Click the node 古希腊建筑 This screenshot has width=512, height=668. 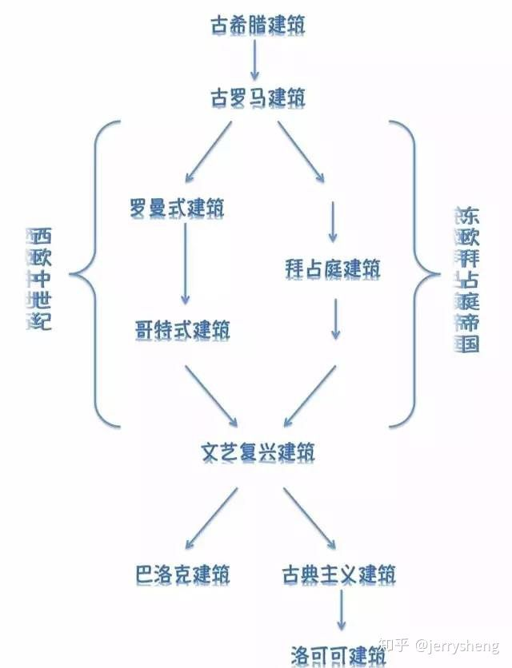click(x=257, y=24)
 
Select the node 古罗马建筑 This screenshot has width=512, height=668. click(x=257, y=98)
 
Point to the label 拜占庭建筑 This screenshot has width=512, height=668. click(x=333, y=268)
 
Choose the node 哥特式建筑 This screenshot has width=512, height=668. click(x=182, y=329)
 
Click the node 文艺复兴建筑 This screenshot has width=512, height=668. click(x=258, y=452)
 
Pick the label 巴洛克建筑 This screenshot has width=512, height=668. click(x=183, y=574)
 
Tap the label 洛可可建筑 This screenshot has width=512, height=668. click(x=339, y=654)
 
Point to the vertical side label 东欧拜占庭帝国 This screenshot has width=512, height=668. click(x=466, y=280)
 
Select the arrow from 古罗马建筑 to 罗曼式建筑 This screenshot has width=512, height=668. click(x=210, y=151)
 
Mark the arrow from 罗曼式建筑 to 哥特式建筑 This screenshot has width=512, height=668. click(x=184, y=264)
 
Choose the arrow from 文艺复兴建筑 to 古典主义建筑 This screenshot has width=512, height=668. click(x=310, y=517)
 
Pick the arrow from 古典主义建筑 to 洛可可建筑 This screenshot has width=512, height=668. click(x=341, y=612)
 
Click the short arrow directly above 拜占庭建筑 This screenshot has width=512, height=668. click(x=333, y=221)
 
